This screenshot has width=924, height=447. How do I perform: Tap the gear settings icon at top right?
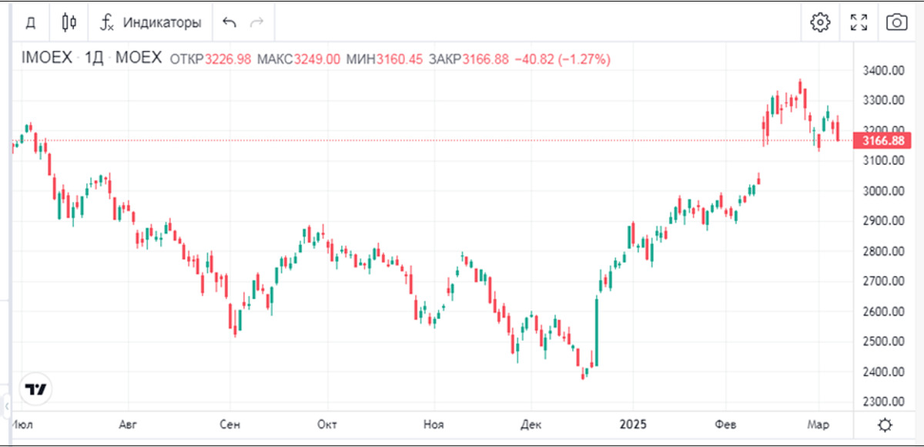820,22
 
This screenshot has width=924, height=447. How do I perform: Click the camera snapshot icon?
896,22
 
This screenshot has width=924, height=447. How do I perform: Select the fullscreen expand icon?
859,22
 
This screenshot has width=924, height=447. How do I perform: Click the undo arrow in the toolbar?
229,22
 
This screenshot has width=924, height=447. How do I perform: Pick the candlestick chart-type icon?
69,22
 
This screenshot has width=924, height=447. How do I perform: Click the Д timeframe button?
31,22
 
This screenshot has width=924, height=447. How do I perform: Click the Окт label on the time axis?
328,425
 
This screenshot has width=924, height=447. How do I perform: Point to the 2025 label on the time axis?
632,425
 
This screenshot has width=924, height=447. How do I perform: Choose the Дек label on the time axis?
531,425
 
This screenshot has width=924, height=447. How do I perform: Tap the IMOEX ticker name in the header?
46,59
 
